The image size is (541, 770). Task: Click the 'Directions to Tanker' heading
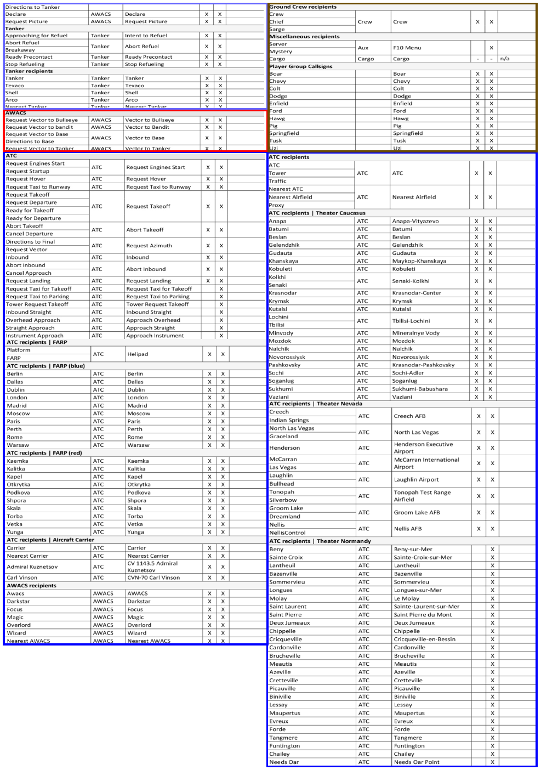coord(33,7)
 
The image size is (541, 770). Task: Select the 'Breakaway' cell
coord(20,50)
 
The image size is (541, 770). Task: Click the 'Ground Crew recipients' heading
coord(303,7)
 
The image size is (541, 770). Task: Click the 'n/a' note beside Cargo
coord(505,59)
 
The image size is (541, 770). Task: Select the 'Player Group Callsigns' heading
coord(301,66)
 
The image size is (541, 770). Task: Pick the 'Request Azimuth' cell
coord(149,246)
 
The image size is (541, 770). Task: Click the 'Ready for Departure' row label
coord(33,218)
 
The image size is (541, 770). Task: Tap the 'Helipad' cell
coord(138,354)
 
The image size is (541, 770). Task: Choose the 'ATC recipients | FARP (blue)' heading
coord(46,366)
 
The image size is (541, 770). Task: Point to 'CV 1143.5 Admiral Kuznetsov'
coord(152,567)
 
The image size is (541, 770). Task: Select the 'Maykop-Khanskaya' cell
coord(419,261)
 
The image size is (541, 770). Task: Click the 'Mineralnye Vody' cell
coord(416,333)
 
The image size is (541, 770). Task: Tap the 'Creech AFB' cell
coord(410,416)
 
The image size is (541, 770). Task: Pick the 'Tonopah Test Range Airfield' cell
coord(422,496)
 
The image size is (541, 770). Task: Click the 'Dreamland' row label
coord(284,517)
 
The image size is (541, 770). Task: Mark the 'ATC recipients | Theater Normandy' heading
coord(320,541)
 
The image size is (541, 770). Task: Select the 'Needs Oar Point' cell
coord(417,762)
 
